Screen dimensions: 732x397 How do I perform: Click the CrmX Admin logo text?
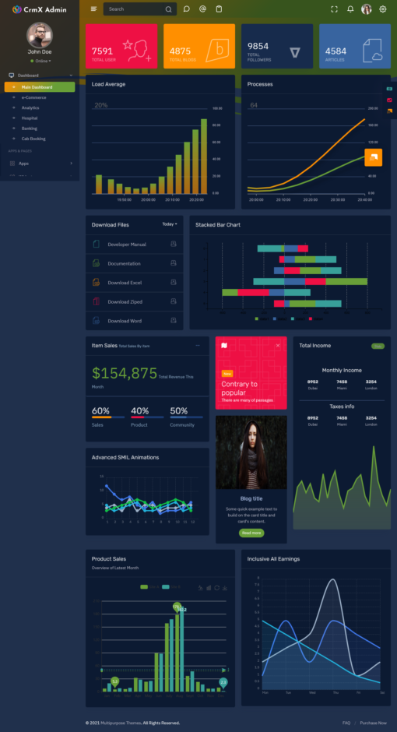coord(44,9)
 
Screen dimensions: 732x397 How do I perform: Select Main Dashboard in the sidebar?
coord(42,86)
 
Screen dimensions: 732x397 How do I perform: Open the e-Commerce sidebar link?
coord(33,97)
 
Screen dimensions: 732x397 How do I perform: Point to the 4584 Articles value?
coord(336,51)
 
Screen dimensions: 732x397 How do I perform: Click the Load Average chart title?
coord(108,84)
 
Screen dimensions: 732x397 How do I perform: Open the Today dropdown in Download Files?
coord(169,224)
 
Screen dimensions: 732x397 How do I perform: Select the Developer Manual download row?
coord(127,245)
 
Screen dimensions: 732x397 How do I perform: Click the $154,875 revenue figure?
coord(125,374)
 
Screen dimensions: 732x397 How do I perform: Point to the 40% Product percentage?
coord(140,411)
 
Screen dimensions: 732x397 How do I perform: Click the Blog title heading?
coord(251,498)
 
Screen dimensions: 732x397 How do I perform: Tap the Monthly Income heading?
coord(342,371)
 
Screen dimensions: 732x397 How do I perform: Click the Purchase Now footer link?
coord(373,723)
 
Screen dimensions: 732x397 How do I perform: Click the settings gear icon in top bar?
coord(382,9)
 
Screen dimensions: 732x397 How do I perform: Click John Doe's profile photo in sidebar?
coord(40,34)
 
